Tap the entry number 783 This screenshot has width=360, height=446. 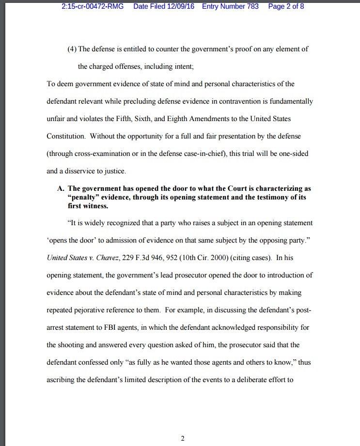click(251, 7)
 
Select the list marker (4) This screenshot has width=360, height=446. click(72, 49)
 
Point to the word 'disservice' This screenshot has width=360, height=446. click(85, 171)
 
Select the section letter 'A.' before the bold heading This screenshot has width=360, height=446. click(61, 188)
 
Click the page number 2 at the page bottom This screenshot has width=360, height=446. click(183, 439)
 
